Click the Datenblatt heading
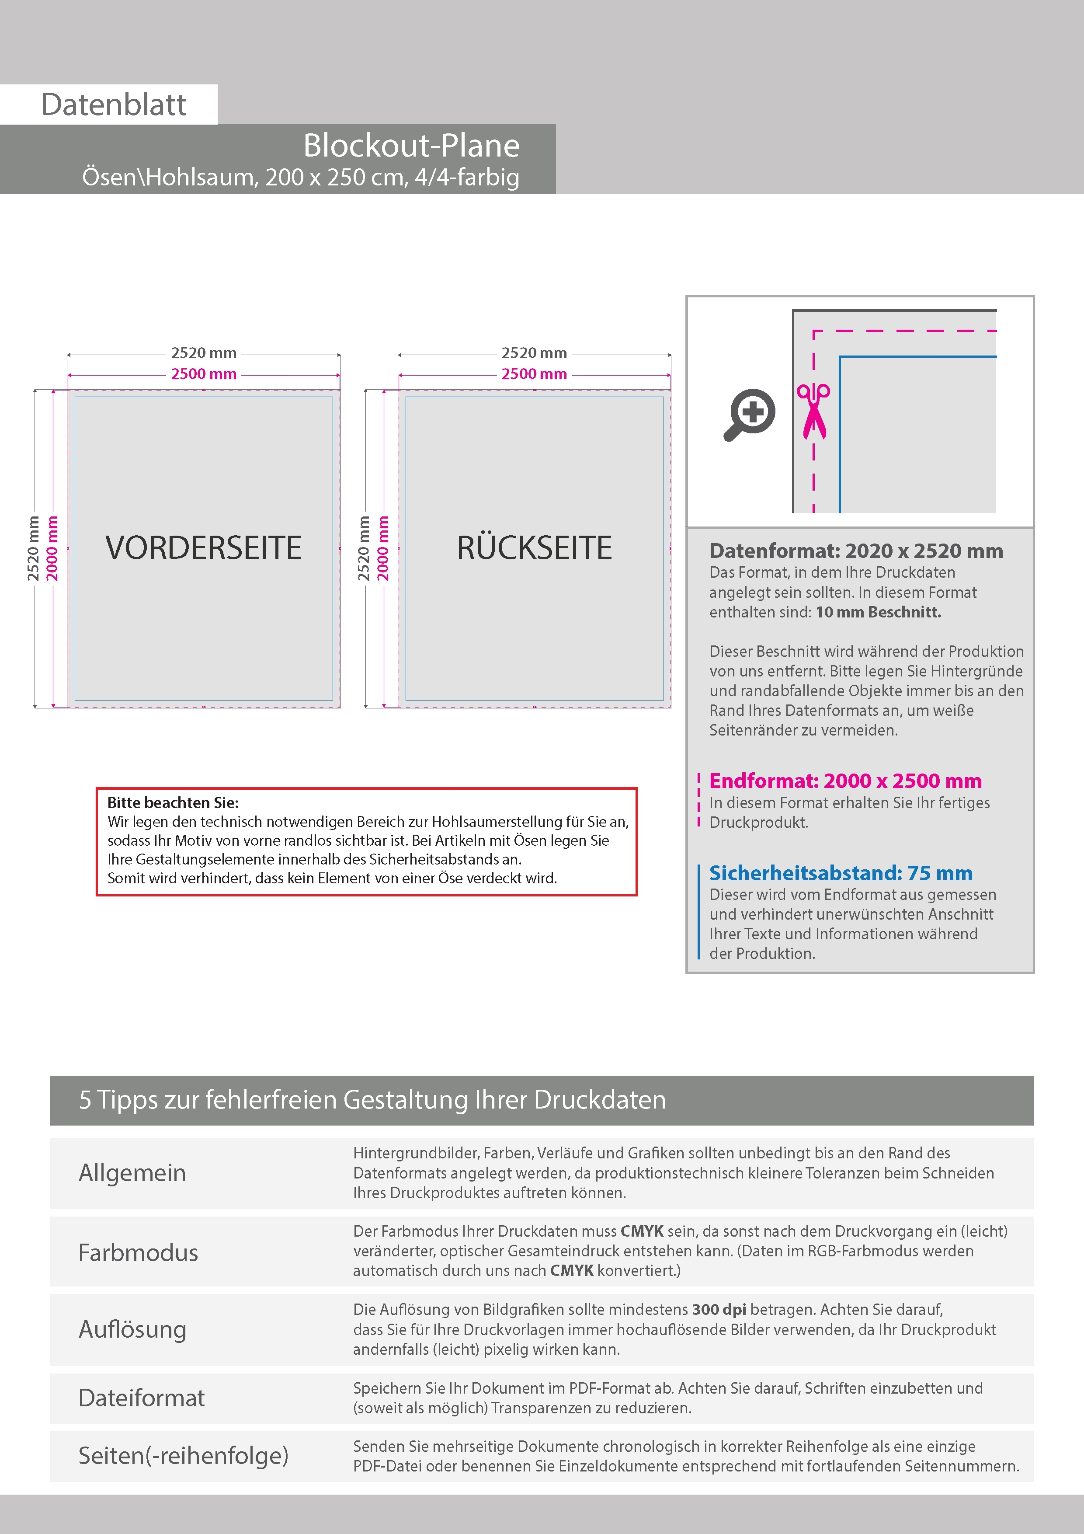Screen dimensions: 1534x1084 pos(114,104)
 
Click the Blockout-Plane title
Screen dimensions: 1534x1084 pos(411,146)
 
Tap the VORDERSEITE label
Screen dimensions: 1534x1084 pos(204,548)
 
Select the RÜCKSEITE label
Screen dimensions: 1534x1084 pos(534,548)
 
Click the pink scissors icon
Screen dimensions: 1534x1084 pos(813,411)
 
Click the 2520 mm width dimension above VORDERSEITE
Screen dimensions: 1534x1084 pos(204,353)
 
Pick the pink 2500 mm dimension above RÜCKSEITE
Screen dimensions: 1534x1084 pos(534,374)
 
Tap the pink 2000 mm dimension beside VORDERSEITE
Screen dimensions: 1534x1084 pos(52,548)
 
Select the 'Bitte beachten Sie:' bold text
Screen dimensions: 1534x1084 pos(173,802)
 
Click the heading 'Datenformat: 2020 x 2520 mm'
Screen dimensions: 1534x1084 pos(855,551)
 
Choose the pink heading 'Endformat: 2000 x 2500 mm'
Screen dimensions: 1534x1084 pos(845,781)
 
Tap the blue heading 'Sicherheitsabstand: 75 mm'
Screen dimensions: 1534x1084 pos(840,872)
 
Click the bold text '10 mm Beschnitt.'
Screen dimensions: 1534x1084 pos(878,612)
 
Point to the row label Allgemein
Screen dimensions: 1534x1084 pos(132,1172)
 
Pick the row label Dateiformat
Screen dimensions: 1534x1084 pos(142,1398)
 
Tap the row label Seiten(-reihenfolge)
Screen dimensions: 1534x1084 pos(184,1455)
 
